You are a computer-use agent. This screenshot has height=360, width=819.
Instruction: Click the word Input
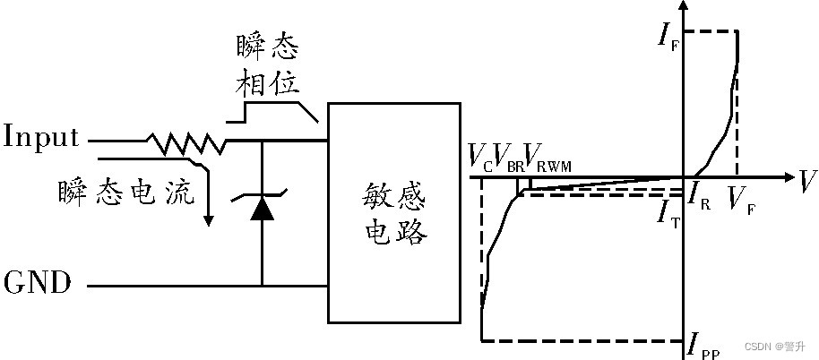[x=41, y=139]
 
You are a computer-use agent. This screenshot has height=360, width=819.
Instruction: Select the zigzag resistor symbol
[x=185, y=141]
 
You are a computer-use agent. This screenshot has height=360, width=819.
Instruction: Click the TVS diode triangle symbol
[x=262, y=208]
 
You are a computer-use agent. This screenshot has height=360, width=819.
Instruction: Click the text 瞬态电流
[x=126, y=193]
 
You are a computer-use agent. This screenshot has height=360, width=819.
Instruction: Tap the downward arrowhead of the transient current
[x=208, y=219]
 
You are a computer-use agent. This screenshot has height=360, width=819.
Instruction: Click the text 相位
[x=267, y=84]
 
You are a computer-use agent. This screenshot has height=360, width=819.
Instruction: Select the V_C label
[x=479, y=159]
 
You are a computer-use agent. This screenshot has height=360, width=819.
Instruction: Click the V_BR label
[x=507, y=159]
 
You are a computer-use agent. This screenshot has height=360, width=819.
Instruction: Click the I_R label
[x=698, y=192]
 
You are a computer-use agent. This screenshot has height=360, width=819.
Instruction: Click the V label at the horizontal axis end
[x=807, y=182]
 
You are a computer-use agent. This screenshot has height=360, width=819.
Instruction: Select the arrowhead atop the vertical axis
[x=685, y=7]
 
